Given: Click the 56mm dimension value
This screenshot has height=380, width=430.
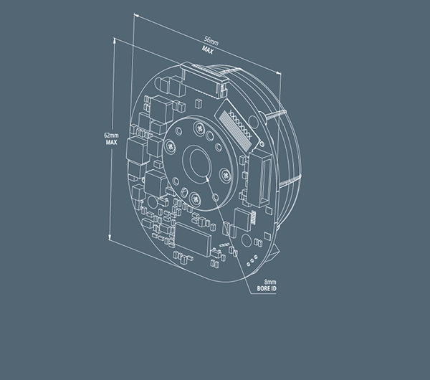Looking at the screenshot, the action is point(211,41).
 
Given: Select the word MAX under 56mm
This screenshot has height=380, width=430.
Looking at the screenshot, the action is point(208,50).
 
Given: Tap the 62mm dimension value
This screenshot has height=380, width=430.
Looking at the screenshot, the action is point(111,136).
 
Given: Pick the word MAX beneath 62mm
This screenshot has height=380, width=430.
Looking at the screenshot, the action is point(111,143).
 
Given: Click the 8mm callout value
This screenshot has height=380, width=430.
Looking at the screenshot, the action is point(270,282).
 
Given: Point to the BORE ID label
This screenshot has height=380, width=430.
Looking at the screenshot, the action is point(267,289).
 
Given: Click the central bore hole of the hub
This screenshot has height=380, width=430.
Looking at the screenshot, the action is point(200,163).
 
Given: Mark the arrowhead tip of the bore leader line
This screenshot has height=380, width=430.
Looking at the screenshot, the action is point(206,176).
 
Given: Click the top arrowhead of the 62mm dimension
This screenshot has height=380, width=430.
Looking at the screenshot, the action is point(115,39).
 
